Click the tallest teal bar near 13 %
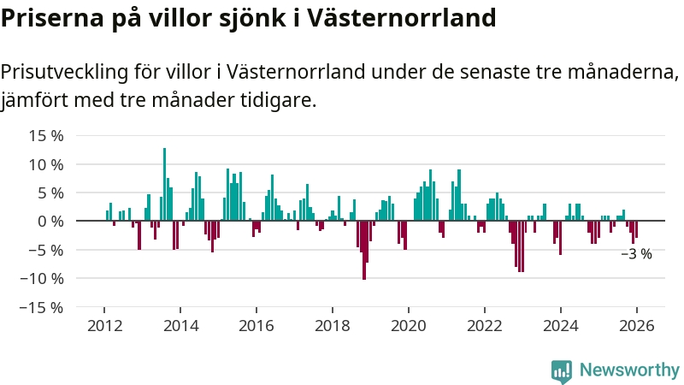point(165,184)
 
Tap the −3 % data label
point(636,254)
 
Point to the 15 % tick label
point(46,135)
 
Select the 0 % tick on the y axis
point(50,221)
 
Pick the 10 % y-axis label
point(46,164)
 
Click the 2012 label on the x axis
point(104,325)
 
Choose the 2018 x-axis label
point(332,325)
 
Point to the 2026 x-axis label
point(637,325)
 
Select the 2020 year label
point(408,325)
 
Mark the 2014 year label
point(180,325)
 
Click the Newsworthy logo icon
point(562,370)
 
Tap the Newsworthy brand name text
point(629,370)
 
